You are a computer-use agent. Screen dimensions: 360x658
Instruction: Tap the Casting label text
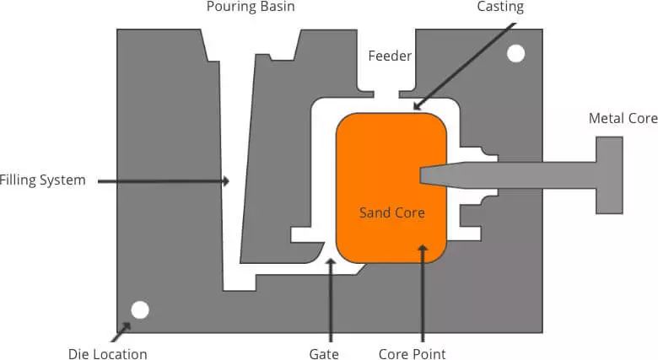[501, 7]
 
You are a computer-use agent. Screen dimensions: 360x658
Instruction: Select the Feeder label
[390, 56]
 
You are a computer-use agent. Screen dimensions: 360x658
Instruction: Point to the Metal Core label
[623, 118]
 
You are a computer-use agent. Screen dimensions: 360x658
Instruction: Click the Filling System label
[42, 180]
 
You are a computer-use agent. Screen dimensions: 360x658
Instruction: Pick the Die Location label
[107, 354]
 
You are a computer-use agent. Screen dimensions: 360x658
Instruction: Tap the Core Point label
[412, 354]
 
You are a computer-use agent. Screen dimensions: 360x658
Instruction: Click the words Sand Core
[391, 212]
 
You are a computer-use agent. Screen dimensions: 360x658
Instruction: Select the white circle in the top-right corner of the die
[515, 55]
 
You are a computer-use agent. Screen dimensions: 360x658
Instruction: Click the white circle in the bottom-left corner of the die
[140, 309]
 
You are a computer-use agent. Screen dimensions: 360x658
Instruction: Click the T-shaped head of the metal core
[610, 175]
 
